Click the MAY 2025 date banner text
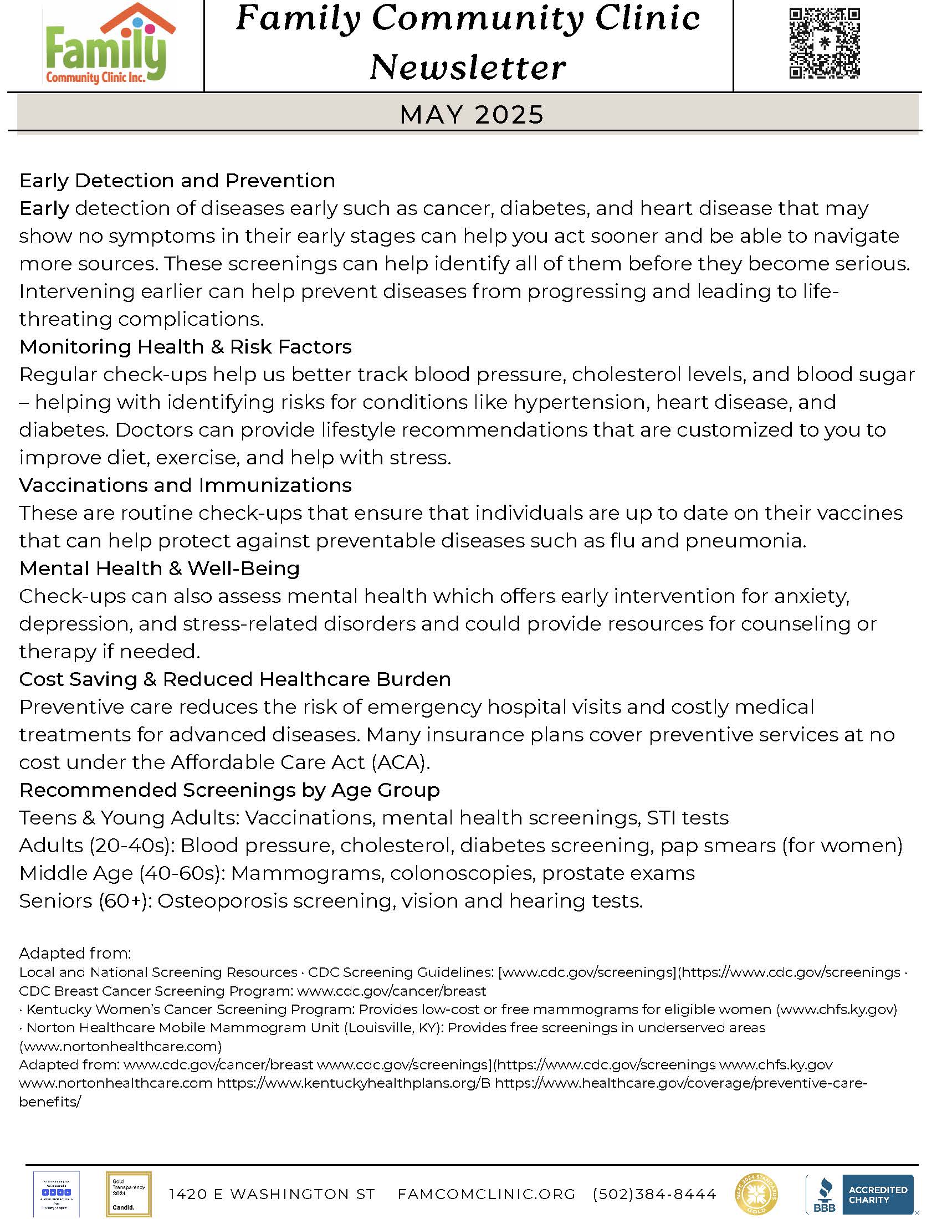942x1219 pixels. point(472,115)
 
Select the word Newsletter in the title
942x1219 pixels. point(468,68)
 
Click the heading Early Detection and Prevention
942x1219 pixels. point(177,180)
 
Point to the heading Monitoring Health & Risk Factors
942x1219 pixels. point(185,347)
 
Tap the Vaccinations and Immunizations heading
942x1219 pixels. point(185,485)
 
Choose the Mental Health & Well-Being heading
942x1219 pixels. point(159,568)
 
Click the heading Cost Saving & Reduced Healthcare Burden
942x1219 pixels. point(235,679)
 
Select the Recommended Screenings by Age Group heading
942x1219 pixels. point(229,790)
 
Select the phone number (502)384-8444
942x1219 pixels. point(654,1194)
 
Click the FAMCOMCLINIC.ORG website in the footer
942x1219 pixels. point(486,1194)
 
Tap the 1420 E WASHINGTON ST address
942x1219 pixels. point(272,1194)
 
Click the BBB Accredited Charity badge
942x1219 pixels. point(859,1194)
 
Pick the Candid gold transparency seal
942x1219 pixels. point(129,1194)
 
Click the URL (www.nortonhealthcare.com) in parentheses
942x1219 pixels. point(121,1046)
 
